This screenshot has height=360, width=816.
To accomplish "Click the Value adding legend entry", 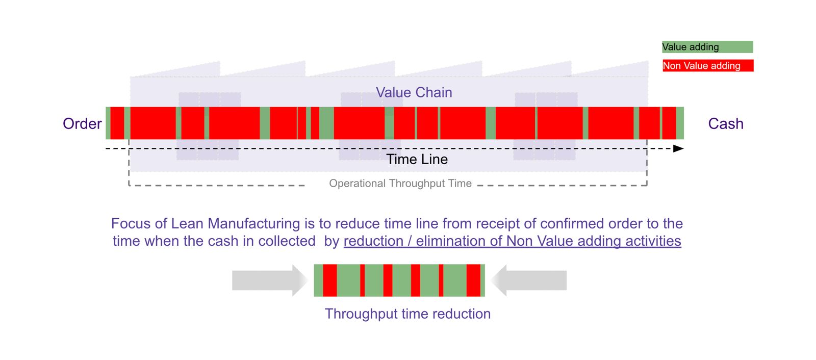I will (707, 47).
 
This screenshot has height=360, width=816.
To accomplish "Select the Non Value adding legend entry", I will (707, 66).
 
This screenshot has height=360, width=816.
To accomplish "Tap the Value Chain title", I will (414, 92).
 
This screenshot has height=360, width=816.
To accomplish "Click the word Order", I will (82, 124).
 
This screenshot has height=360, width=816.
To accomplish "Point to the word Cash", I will (725, 124).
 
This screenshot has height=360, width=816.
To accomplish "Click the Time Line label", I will (417, 159).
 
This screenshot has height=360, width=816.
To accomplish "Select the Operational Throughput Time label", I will (400, 184).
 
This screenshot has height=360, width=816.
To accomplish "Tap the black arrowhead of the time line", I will (678, 149).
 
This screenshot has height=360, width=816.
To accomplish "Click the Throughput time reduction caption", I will (407, 314).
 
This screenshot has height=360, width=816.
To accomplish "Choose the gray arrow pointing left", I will (530, 280).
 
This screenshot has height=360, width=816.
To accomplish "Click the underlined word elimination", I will (451, 241).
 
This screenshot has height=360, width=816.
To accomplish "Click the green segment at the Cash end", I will (680, 123).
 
